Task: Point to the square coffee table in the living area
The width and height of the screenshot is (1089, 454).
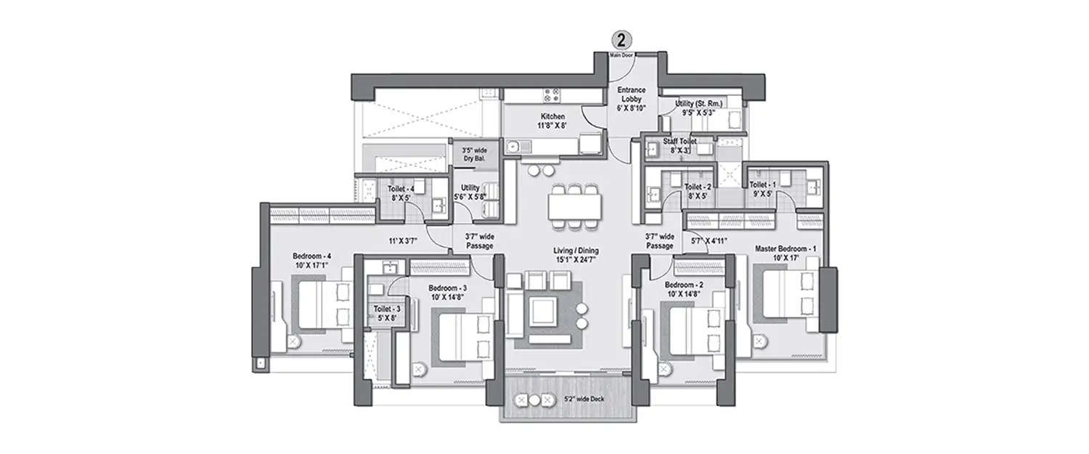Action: click(x=543, y=312)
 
